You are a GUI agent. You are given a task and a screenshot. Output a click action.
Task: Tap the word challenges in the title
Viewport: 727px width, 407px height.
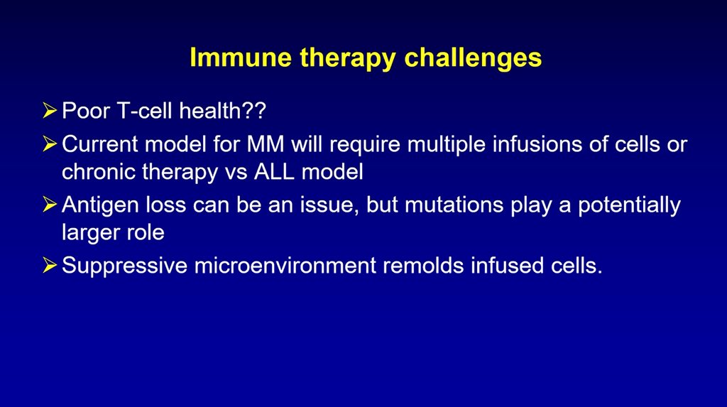[473, 58]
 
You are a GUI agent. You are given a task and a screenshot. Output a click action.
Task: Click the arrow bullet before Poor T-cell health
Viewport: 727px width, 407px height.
[50, 111]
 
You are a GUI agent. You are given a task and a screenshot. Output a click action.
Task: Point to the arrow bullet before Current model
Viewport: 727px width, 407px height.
[50, 144]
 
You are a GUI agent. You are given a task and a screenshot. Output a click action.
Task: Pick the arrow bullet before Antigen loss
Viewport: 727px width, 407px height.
[50, 205]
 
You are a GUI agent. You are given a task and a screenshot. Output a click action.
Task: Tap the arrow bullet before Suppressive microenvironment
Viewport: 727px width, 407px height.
[50, 266]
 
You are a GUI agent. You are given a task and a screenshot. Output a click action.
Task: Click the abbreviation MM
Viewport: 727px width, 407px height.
[266, 144]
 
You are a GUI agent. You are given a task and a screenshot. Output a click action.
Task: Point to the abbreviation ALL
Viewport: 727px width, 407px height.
[274, 172]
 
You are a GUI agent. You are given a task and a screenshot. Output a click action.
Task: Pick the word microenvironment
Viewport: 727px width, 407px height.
[285, 266]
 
